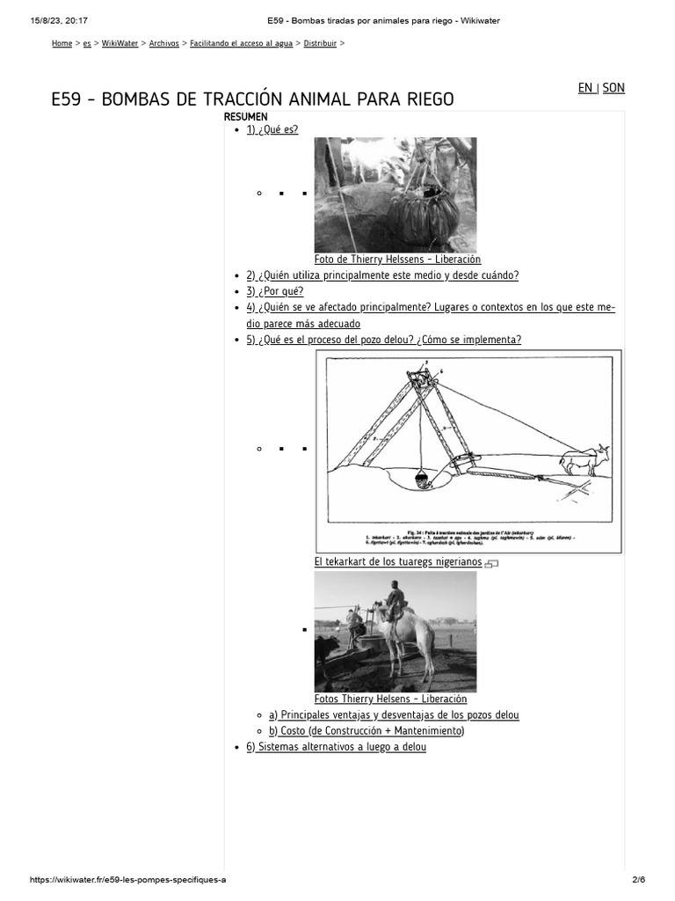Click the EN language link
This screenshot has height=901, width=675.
pyautogui.click(x=584, y=87)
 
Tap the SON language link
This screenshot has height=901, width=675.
pyautogui.click(x=613, y=87)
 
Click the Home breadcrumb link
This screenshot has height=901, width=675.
pyautogui.click(x=62, y=43)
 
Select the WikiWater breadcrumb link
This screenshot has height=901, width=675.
pyautogui.click(x=120, y=43)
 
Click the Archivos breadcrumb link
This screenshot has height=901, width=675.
pyautogui.click(x=163, y=43)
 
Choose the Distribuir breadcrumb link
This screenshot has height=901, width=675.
pyautogui.click(x=320, y=43)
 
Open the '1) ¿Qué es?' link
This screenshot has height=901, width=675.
pyautogui.click(x=272, y=129)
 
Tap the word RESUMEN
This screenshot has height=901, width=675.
pyautogui.click(x=246, y=116)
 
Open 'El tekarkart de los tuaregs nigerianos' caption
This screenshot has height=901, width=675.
pyautogui.click(x=398, y=561)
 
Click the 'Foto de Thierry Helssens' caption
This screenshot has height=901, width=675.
pyautogui.click(x=397, y=260)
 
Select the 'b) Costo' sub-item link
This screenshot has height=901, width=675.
pyautogui.click(x=367, y=730)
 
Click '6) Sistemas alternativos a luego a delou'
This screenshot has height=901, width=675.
pyautogui.click(x=336, y=746)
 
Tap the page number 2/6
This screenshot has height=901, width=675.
pyautogui.click(x=638, y=879)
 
